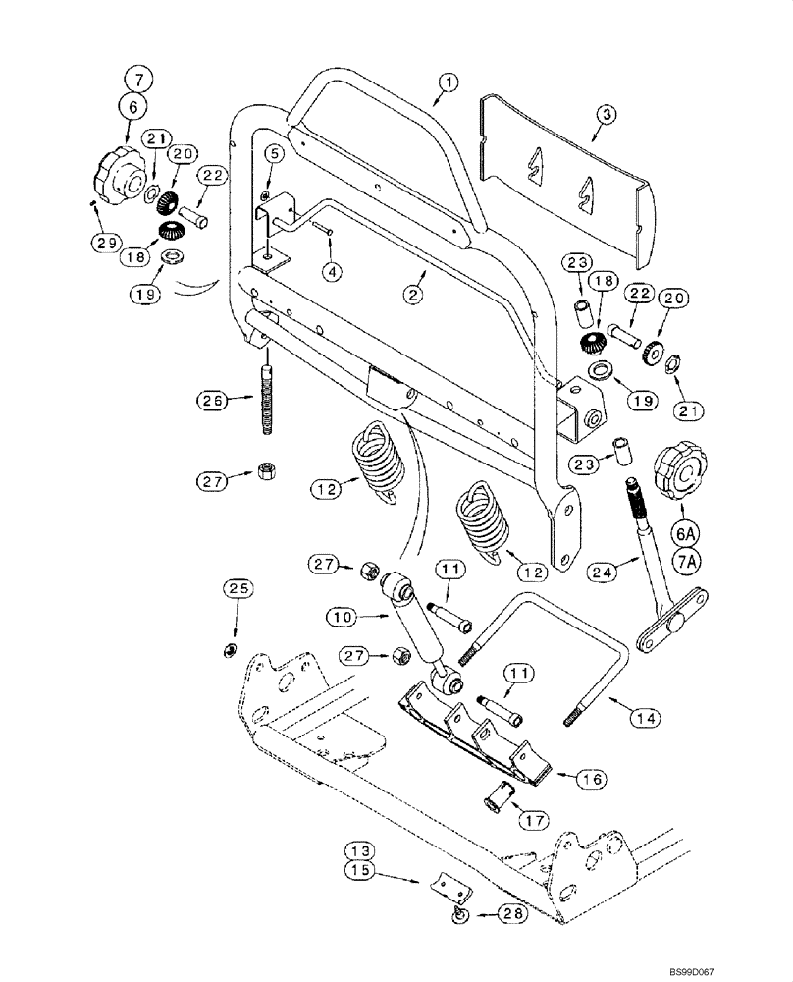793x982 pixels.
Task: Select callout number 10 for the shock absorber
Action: coord(344,617)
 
